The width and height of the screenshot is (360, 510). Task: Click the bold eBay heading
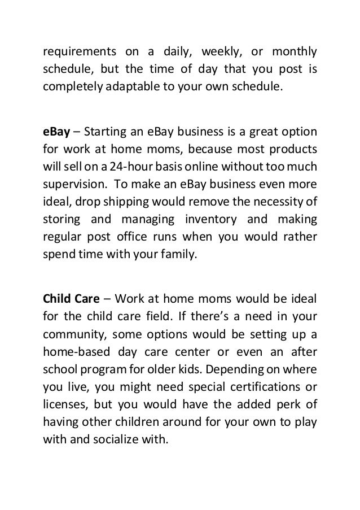coord(54,132)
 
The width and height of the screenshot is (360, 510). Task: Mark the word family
coord(179,255)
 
